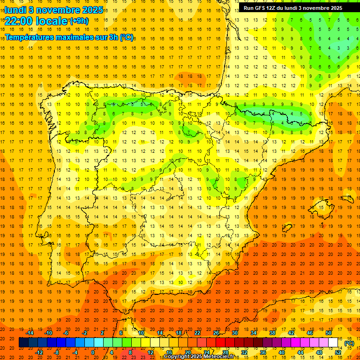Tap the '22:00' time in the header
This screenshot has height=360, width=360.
[18, 21]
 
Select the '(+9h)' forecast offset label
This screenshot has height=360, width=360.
[79, 21]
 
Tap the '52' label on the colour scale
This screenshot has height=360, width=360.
[338, 352]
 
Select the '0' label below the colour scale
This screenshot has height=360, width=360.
[93, 352]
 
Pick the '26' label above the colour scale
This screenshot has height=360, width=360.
[216, 333]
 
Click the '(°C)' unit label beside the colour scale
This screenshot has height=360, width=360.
[349, 343]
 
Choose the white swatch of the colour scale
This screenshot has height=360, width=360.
[333, 343]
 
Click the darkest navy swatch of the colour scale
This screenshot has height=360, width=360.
[23, 343]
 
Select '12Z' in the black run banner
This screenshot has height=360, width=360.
[274, 8]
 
